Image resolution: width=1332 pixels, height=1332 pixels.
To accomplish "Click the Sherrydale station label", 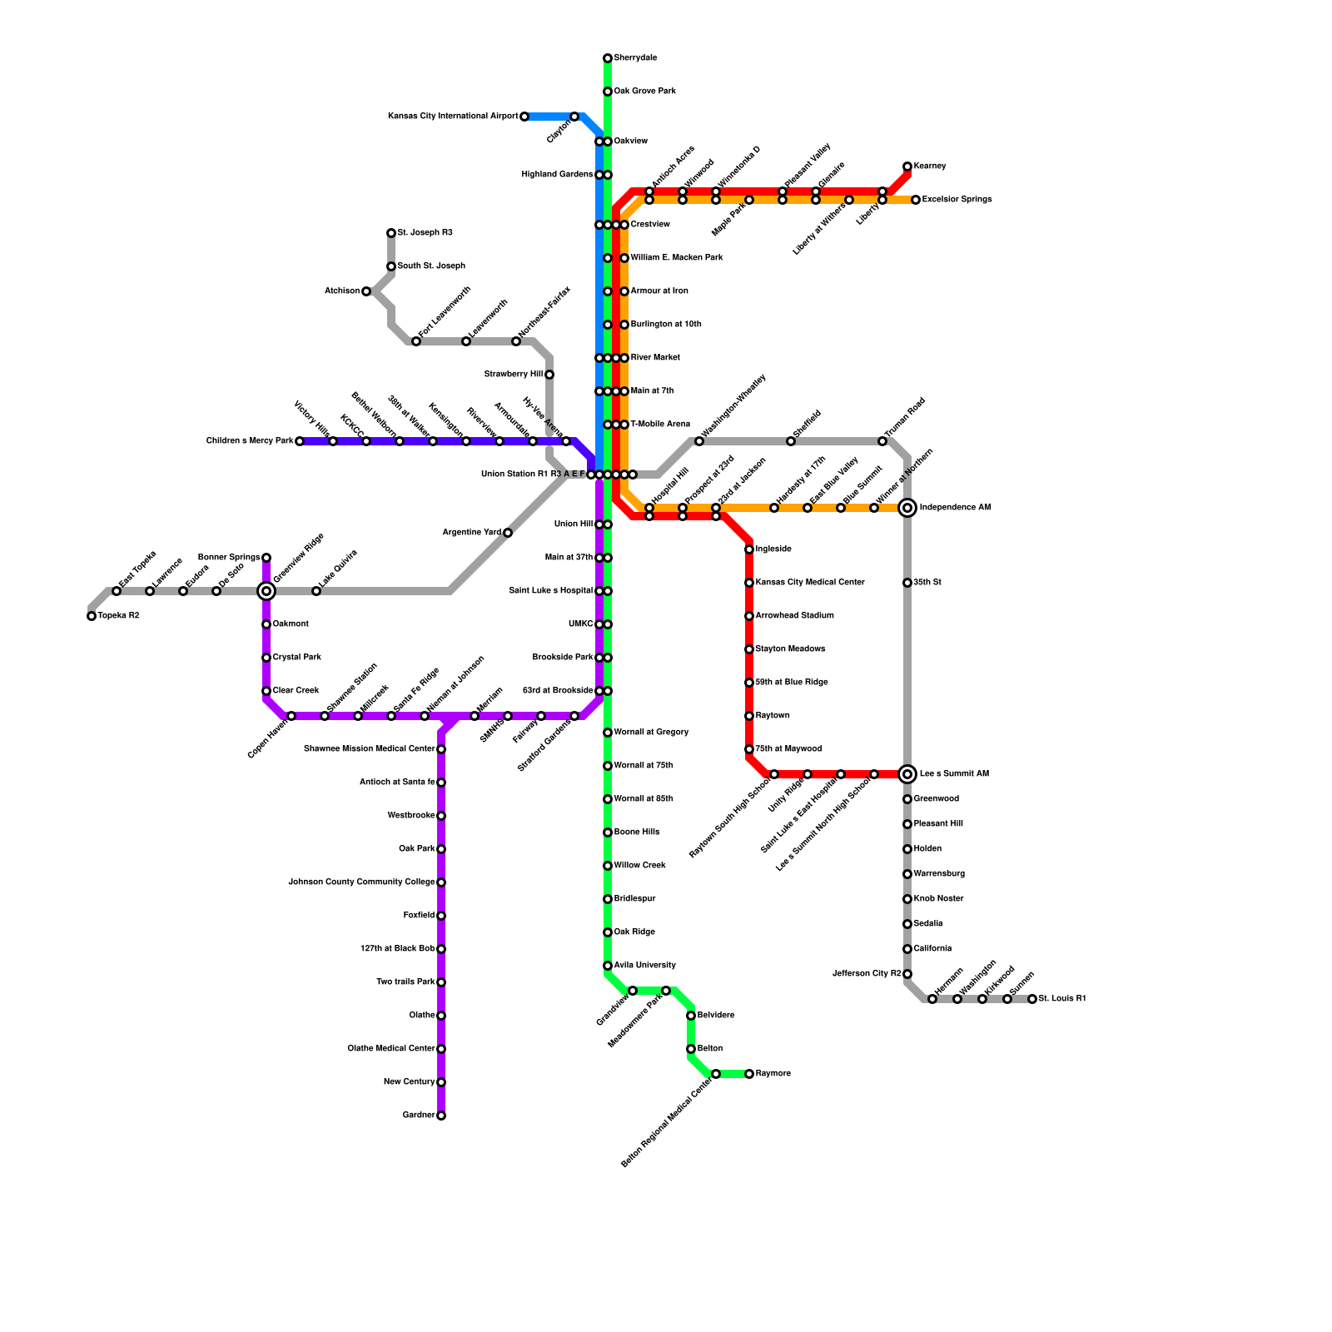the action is pyautogui.click(x=635, y=58).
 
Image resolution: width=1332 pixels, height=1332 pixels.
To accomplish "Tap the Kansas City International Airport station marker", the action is pyautogui.click(x=524, y=117).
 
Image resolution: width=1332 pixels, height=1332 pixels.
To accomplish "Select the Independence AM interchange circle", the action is pyautogui.click(x=907, y=508).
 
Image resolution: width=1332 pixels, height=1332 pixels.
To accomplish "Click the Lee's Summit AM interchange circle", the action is pyautogui.click(x=907, y=774).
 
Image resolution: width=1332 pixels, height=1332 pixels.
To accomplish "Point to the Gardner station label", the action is pyautogui.click(x=418, y=1116).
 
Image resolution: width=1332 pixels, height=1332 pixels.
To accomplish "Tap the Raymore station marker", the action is pyautogui.click(x=749, y=1074).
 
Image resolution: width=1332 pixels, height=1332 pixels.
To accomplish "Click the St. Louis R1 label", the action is pyautogui.click(x=1062, y=999).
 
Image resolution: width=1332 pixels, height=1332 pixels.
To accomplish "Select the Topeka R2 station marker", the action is pyautogui.click(x=92, y=616).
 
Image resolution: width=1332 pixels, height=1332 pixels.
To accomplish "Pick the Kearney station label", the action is pyautogui.click(x=930, y=166).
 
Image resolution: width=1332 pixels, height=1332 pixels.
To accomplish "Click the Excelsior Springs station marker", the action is pyautogui.click(x=916, y=200).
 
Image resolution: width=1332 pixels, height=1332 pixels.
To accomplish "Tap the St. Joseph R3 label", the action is pyautogui.click(x=425, y=233).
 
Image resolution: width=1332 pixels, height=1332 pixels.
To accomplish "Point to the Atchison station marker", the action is pyautogui.click(x=366, y=291).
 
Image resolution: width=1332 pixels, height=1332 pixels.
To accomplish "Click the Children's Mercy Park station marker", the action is pyautogui.click(x=300, y=441).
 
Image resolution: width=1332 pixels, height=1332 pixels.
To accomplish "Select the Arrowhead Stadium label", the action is pyautogui.click(x=794, y=616).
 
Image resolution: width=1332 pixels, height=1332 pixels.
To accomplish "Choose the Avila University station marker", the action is pyautogui.click(x=608, y=966).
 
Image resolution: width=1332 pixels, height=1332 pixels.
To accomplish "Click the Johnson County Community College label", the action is pyautogui.click(x=361, y=882).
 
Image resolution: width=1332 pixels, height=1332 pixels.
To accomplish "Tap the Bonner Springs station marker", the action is pyautogui.click(x=266, y=558).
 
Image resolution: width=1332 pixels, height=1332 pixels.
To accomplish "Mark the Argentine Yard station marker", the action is pyautogui.click(x=508, y=533).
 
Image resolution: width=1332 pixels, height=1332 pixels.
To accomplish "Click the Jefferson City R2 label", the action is pyautogui.click(x=867, y=974).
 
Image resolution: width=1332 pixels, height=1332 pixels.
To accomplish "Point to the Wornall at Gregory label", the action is pyautogui.click(x=651, y=733).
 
